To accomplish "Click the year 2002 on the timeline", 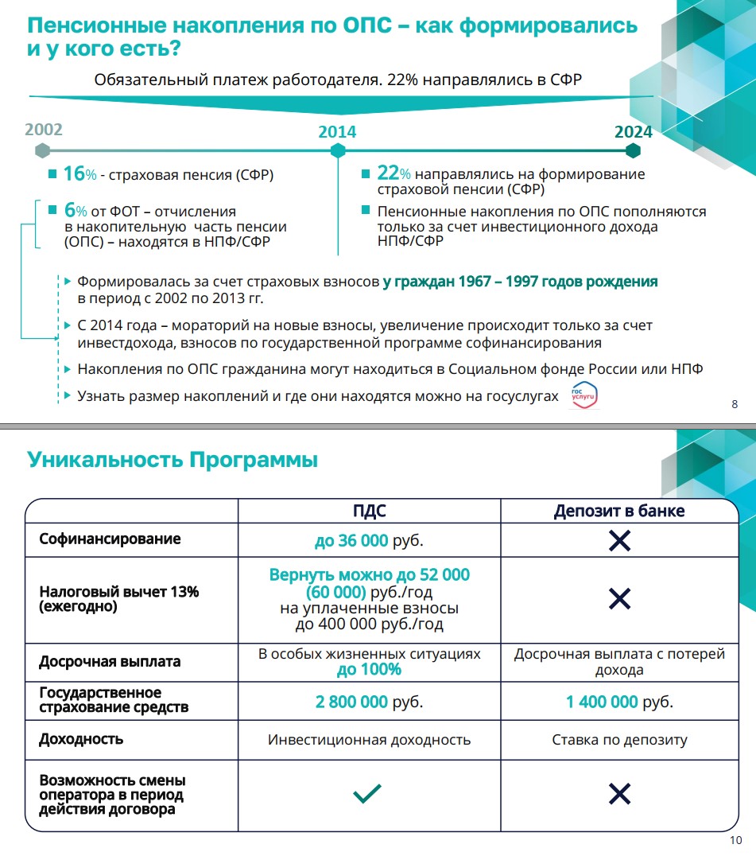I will [44, 130].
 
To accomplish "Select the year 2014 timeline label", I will [337, 132].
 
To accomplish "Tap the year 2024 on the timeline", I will [633, 131].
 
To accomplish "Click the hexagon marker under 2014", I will [338, 150].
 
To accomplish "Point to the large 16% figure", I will [74, 174].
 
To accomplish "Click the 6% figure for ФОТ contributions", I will [76, 211].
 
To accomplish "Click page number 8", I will [734, 406].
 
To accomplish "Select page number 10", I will [735, 842].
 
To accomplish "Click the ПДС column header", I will [370, 511].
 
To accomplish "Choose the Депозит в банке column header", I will [619, 511].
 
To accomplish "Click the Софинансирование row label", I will [110, 539].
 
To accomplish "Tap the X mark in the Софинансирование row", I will [619, 541].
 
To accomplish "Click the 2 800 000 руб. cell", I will [369, 702].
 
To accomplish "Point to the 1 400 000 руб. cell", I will [619, 702].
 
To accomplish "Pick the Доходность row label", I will [81, 739].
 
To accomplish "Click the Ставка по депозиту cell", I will [619, 740].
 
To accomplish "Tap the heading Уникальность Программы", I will [173, 460].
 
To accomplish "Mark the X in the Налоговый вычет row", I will [619, 599].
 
